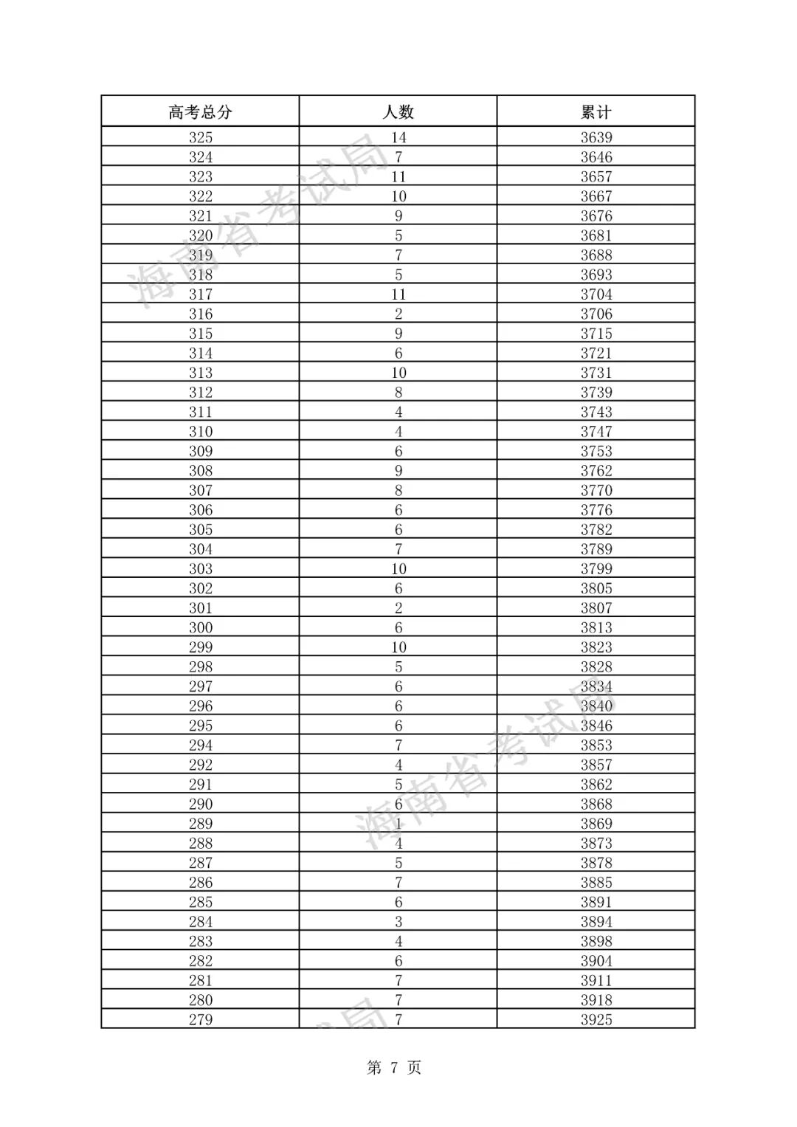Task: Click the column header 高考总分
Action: (x=200, y=112)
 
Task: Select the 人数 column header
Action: (x=398, y=112)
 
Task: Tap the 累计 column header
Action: (x=596, y=112)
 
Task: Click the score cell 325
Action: (x=201, y=137)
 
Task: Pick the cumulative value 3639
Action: (x=596, y=137)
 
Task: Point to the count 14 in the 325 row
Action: (x=398, y=137)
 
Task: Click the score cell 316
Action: (x=201, y=314)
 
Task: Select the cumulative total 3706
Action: (x=596, y=314)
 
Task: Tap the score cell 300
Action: (x=201, y=627)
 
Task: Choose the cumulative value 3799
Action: (x=596, y=569)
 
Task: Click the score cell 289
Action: (x=201, y=824)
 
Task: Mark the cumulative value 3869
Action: (x=596, y=824)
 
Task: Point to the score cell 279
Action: (x=201, y=1020)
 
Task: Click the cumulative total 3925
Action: (x=596, y=1020)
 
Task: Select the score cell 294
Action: (x=201, y=745)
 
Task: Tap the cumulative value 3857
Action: (x=596, y=765)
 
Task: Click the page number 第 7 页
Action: (x=394, y=1068)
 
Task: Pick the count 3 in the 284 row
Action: (x=398, y=922)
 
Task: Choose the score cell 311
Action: (x=201, y=412)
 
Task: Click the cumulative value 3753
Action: (x=596, y=451)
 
